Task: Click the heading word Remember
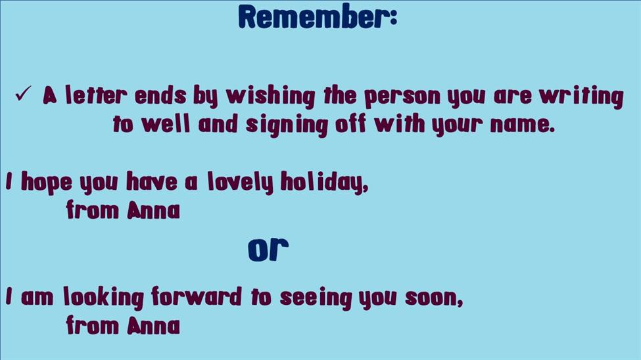(315, 16)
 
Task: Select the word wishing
(271, 97)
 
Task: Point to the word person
(402, 97)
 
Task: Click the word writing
(581, 97)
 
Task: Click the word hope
(46, 182)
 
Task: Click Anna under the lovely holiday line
(153, 210)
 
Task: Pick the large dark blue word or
(268, 249)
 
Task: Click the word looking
(103, 297)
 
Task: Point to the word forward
(197, 296)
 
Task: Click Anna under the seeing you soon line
(153, 325)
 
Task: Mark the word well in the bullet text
(166, 124)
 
